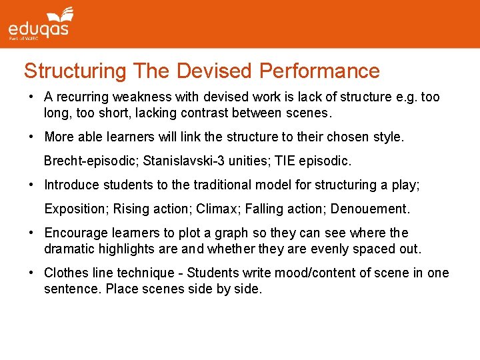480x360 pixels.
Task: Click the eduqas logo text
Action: pyautogui.click(x=38, y=29)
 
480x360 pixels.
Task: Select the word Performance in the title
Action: pyautogui.click(x=319, y=71)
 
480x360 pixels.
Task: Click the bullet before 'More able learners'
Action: pyautogui.click(x=31, y=137)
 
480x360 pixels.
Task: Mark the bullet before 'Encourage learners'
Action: pyautogui.click(x=31, y=233)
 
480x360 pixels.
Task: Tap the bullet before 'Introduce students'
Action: pyautogui.click(x=31, y=185)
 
